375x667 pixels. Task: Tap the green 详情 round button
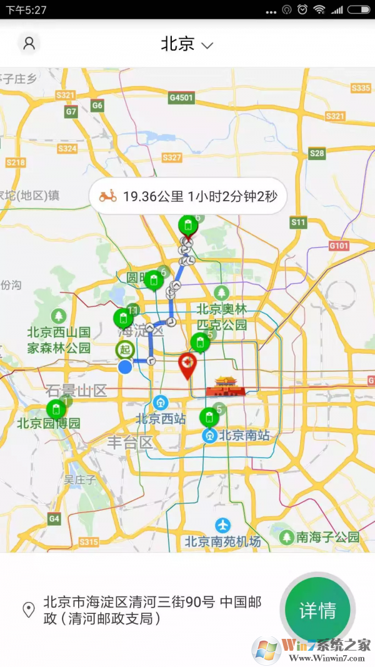[x=317, y=610]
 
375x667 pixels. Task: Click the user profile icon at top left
[x=29, y=43]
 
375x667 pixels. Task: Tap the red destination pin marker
[x=187, y=365]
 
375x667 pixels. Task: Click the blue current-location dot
[x=126, y=367]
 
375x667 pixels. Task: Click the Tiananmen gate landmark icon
[x=225, y=387]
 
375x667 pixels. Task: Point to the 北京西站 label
[x=161, y=419]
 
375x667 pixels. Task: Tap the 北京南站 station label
[x=244, y=435]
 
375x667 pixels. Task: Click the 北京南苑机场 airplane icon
[x=222, y=525]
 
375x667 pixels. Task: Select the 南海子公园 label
[x=327, y=537]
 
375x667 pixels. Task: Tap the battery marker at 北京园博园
[x=56, y=409]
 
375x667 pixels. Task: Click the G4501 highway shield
[x=181, y=98]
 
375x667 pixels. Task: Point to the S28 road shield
[x=317, y=153]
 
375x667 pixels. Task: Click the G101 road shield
[x=338, y=246]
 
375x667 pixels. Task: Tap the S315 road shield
[x=89, y=541]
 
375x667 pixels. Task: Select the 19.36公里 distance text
[x=153, y=196]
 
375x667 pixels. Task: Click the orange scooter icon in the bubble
[x=107, y=196]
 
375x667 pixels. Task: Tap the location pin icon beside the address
[x=29, y=610]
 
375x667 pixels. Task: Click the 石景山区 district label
[x=76, y=391]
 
